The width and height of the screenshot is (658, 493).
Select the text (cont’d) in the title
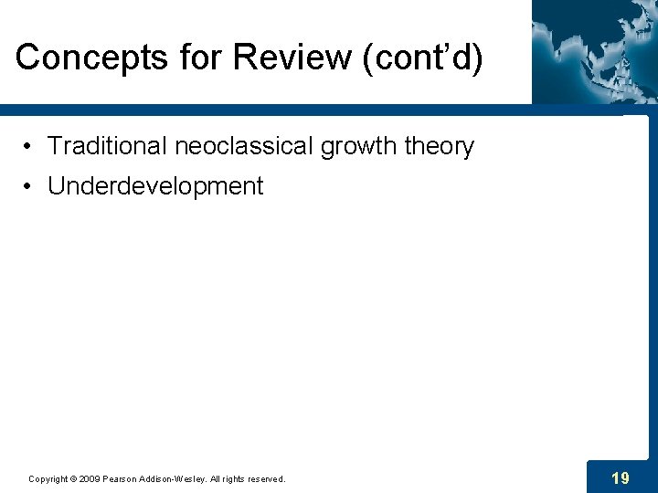point(423,57)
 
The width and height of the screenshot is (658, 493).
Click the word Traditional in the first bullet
point(101,146)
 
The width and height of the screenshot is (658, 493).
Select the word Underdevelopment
point(155,186)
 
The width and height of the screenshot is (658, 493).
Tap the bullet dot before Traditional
point(30,147)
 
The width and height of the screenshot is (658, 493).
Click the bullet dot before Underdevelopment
point(30,187)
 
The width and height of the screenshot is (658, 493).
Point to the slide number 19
point(620,477)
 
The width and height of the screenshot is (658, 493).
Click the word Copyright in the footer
point(47,478)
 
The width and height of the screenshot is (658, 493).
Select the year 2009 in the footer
point(89,478)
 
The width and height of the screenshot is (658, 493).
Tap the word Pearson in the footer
point(121,478)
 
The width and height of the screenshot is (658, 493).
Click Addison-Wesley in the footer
point(175,478)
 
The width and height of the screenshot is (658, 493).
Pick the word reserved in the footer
point(262,478)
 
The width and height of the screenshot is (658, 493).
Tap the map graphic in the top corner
point(594,50)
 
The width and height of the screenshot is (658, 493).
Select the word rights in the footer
point(230,478)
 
